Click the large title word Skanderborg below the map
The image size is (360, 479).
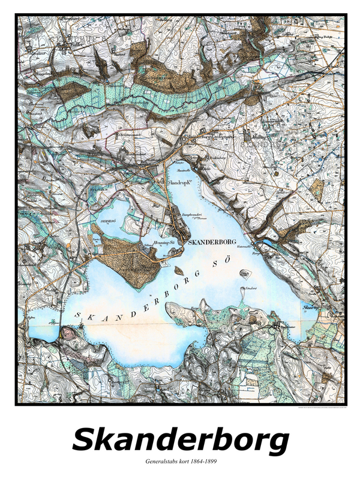click(180, 441)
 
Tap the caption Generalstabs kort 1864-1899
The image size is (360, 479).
click(180, 463)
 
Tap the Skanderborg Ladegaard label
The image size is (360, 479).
click(210, 136)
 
